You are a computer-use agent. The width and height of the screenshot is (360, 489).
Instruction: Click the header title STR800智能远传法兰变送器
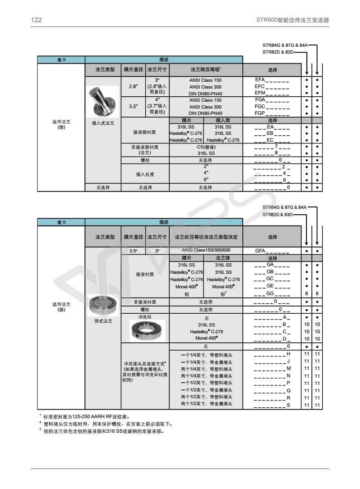click(292, 20)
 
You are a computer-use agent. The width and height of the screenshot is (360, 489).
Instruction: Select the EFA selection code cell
click(272, 80)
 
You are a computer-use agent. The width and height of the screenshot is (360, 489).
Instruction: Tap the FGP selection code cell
click(272, 113)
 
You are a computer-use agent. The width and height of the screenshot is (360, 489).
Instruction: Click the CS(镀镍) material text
click(206, 147)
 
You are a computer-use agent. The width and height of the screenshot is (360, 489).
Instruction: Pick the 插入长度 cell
click(145, 173)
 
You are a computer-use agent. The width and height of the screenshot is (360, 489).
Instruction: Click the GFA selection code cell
click(272, 251)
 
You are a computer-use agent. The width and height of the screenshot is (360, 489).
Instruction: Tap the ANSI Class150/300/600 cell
click(206, 251)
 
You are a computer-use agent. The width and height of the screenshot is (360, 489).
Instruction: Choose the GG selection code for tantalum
click(272, 294)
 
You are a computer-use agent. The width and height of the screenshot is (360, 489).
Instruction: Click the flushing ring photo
click(145, 331)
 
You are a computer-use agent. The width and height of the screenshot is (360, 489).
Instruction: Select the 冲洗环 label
click(145, 316)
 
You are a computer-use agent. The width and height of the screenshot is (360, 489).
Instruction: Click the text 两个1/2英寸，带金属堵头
click(207, 404)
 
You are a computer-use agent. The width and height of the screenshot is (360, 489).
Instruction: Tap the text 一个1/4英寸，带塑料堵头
click(207, 354)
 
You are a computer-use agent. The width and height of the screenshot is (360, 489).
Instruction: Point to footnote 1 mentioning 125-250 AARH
click(86, 416)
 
